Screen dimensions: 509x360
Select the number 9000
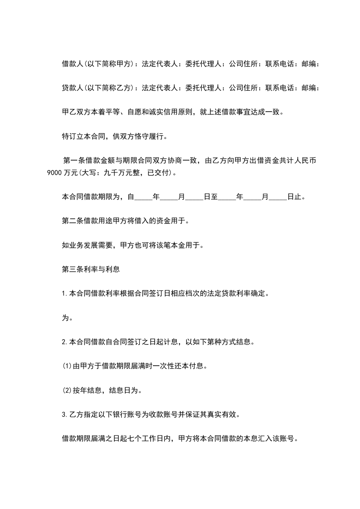[54, 173]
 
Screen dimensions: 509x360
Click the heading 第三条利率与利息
[90, 269]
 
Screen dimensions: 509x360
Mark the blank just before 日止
[278, 198]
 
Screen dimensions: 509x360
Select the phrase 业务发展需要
[94, 245]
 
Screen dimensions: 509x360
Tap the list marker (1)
[67, 366]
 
